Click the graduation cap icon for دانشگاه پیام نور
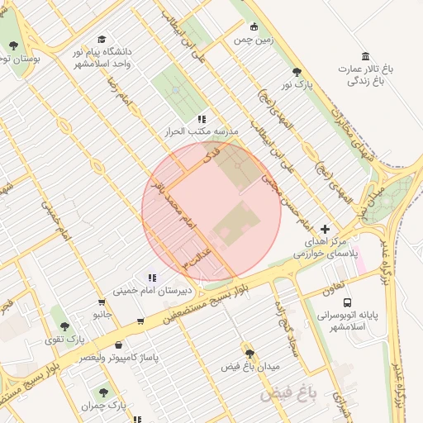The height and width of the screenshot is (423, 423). [x=102, y=39]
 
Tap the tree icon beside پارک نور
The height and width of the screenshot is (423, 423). [x=297, y=73]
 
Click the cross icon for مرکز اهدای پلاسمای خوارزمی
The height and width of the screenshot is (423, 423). [x=325, y=228]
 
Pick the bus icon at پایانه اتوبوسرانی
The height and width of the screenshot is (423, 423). [x=347, y=302]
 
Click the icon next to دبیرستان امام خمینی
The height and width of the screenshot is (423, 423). [x=151, y=278]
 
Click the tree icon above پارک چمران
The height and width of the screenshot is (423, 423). [x=103, y=392]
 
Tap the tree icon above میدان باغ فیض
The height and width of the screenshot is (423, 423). [x=250, y=353]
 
